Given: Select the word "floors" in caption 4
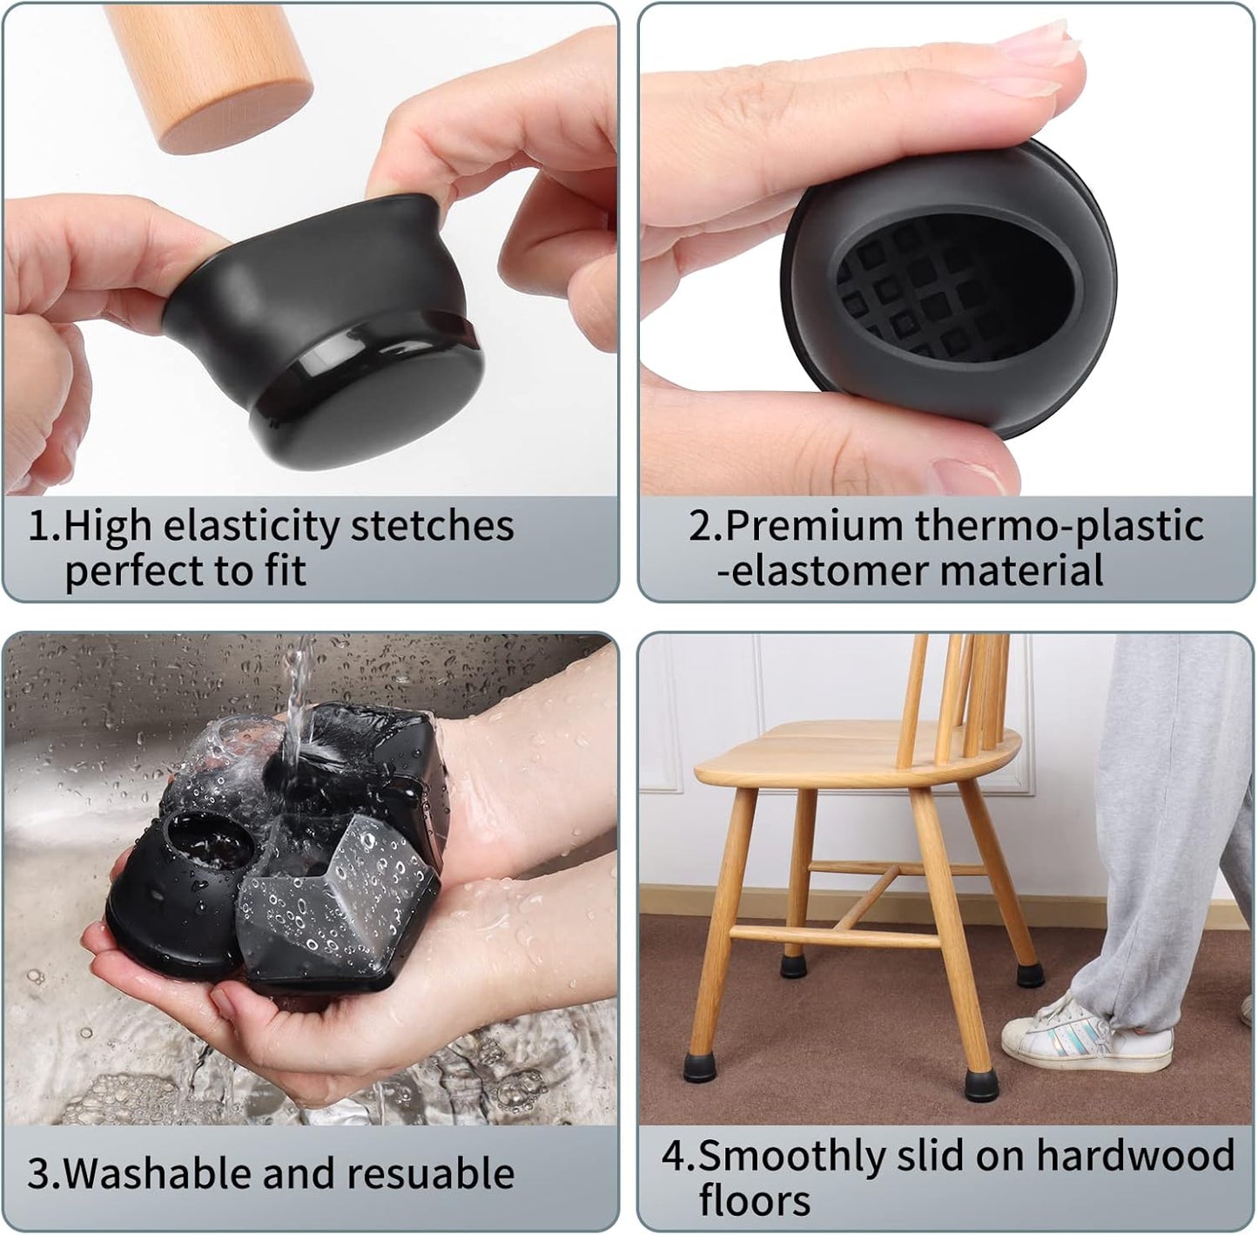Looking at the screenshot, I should (754, 1200).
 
